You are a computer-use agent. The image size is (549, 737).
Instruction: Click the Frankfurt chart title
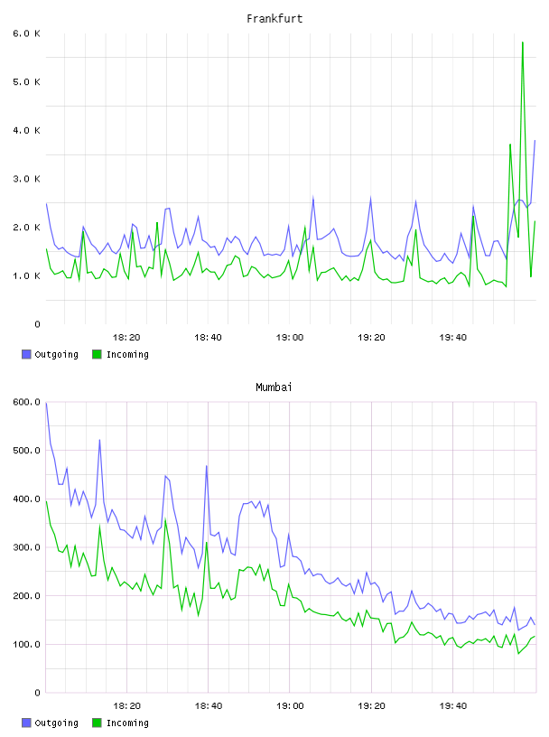(x=274, y=19)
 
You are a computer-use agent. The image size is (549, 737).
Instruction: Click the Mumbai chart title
(x=274, y=387)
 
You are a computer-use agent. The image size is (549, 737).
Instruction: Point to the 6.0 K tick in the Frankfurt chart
(x=27, y=33)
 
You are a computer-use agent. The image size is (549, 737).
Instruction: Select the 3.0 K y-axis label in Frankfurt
(x=27, y=179)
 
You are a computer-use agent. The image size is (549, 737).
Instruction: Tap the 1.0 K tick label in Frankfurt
(x=27, y=275)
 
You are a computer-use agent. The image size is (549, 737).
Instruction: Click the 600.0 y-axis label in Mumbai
(x=27, y=402)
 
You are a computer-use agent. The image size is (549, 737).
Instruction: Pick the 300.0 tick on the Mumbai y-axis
(x=27, y=547)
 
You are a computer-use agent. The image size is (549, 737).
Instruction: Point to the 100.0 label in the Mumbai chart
(x=27, y=644)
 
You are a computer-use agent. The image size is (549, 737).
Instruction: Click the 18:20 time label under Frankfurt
(x=126, y=338)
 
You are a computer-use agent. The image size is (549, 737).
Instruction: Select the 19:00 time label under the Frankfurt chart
(x=290, y=338)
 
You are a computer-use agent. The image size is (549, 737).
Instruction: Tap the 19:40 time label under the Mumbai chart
(x=453, y=706)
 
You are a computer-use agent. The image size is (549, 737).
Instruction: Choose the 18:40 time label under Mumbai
(x=209, y=706)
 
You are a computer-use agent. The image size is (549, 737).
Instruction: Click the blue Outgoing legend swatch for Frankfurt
(x=26, y=354)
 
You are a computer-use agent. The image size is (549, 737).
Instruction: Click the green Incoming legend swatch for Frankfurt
(x=97, y=354)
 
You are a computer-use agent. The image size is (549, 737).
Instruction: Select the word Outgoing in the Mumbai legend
(x=56, y=723)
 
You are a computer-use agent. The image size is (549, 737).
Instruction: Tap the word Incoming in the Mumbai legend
(x=127, y=723)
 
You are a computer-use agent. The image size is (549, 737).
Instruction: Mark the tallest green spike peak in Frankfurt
(x=523, y=42)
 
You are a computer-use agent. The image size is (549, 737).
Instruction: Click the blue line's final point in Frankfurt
(x=535, y=140)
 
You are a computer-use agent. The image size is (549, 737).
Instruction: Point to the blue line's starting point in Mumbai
(x=46, y=403)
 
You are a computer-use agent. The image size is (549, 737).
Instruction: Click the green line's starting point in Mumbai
(x=46, y=501)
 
